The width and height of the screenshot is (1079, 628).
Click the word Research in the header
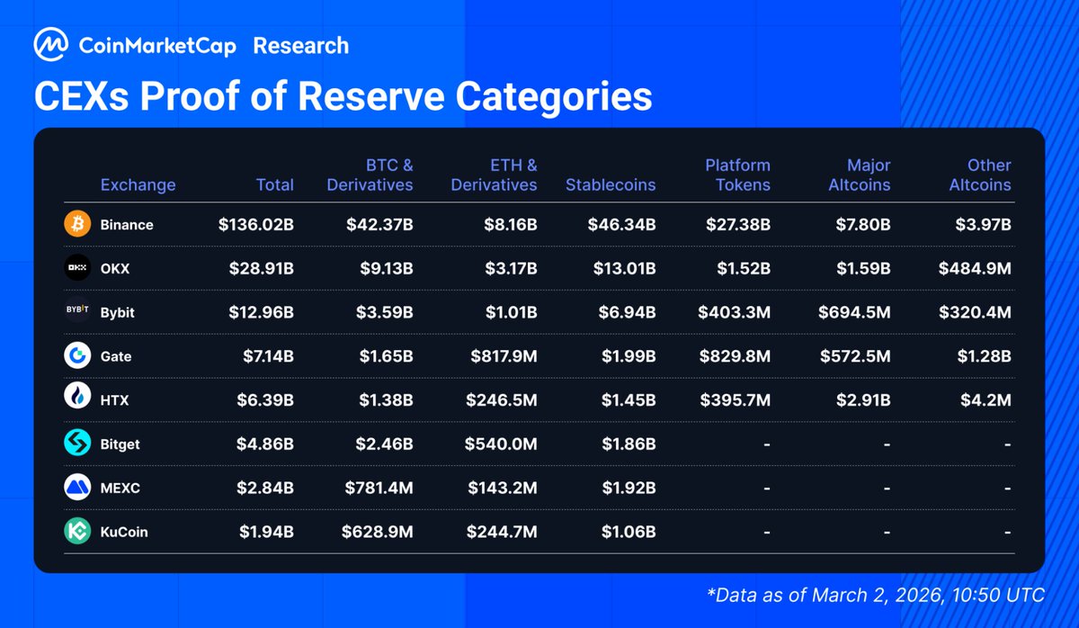[x=300, y=45]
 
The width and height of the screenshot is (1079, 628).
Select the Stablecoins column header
[x=611, y=184]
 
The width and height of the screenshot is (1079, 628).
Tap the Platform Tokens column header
[x=737, y=175]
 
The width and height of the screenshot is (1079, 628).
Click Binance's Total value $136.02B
[x=255, y=224]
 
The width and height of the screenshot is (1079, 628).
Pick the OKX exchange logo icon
[x=77, y=268]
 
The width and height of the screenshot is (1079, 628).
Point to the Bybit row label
[x=119, y=312]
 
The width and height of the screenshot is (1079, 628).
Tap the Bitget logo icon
[x=77, y=444]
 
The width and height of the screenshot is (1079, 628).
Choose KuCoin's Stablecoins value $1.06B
[x=629, y=532]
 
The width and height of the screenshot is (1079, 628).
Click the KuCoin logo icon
[x=77, y=532]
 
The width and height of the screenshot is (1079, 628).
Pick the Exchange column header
[x=138, y=184]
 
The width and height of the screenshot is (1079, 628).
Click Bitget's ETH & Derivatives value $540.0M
[x=501, y=444]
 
